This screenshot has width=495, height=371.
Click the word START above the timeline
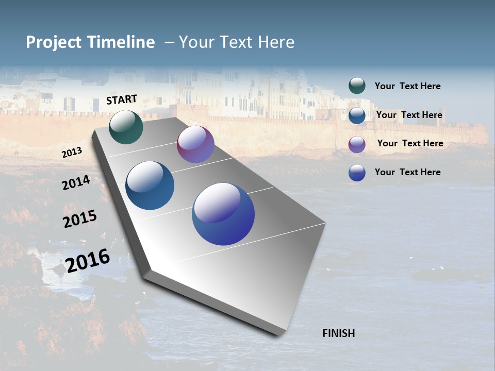122,99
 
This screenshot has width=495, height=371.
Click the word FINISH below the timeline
339,333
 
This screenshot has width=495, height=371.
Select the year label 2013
72,153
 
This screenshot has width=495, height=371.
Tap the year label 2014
76,182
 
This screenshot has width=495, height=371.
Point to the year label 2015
80,219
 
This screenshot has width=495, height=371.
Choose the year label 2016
88,261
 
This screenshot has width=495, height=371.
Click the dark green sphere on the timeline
126,127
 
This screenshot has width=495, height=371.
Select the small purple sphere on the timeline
195,144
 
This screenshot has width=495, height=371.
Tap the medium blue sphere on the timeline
150,185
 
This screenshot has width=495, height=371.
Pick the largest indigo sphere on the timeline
223,214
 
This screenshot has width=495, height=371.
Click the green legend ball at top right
357,86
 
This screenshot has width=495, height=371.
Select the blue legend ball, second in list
357,115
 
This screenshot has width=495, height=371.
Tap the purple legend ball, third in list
357,144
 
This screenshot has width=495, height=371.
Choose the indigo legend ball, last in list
357,173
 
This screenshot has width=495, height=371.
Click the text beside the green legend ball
407,86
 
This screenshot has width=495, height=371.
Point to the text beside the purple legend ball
410,143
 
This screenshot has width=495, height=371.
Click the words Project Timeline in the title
90,42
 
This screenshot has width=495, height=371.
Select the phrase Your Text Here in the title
237,42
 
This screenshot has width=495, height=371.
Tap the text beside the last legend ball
407,172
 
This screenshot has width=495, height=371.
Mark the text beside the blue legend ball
409,115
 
